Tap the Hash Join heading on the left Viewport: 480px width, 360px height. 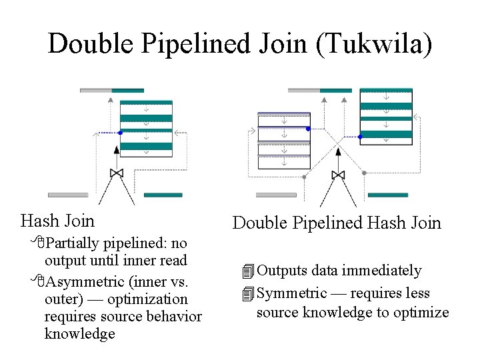point(58,220)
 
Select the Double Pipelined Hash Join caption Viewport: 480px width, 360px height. point(337,223)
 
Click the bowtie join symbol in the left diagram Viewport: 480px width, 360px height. point(117,173)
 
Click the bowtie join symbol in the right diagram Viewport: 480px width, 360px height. point(338,175)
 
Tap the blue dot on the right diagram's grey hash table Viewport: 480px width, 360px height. point(308,128)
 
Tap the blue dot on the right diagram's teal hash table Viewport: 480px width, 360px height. point(360,137)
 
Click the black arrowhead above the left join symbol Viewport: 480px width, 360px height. point(117,150)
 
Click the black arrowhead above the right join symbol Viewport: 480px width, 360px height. point(338,151)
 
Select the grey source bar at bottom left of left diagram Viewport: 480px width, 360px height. point(68,195)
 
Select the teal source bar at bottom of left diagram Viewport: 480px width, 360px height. point(163,195)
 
